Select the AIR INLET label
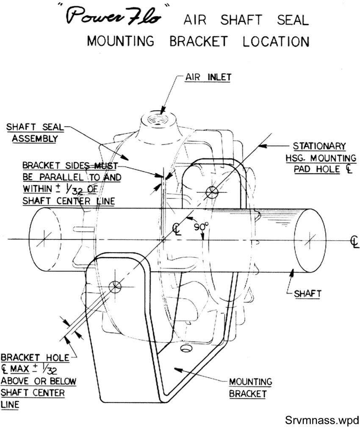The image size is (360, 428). (208, 78)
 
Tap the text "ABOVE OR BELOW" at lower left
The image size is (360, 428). (39, 381)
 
